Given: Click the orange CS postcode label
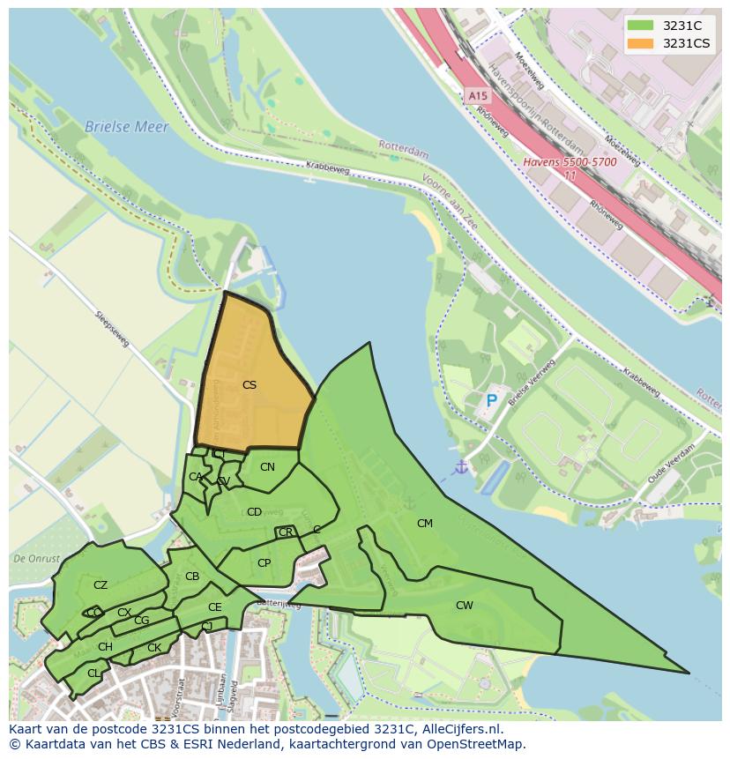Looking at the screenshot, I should coord(250,385).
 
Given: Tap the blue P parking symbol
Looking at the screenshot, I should coord(492,401).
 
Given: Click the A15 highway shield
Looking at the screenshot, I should coord(477,95).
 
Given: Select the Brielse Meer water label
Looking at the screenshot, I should coord(126,127).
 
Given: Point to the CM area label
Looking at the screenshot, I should coord(425,524).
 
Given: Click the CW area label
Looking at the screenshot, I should coord(465,606).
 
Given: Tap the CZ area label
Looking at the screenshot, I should coord(101,585).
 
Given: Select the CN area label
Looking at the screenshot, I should coord(267,467).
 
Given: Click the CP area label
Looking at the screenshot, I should coord(264,563).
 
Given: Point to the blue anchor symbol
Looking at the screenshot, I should coord(460,467).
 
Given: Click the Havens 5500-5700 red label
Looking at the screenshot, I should coord(570,162).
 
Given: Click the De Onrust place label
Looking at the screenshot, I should coord(36,559).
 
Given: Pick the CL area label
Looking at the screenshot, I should coord(93,673).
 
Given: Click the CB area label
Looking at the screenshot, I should coord(192,577).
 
